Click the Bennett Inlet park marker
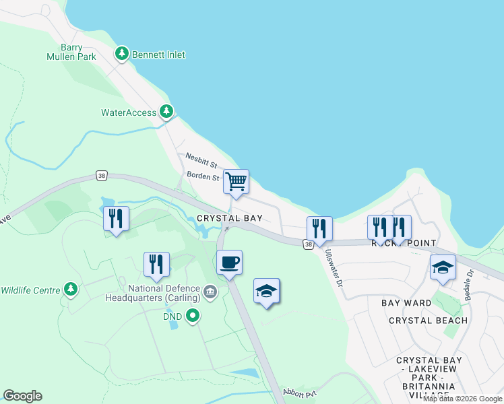click(x=122, y=54)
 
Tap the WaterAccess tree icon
click(x=166, y=112)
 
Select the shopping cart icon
click(x=236, y=181)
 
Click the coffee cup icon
click(x=230, y=261)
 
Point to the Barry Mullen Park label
click(x=73, y=52)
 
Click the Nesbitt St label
click(x=201, y=164)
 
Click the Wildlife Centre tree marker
click(x=70, y=290)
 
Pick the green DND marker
click(x=193, y=314)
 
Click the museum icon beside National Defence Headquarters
click(x=210, y=292)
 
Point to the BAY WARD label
click(x=406, y=303)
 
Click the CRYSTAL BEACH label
click(x=428, y=321)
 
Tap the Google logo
click(x=22, y=396)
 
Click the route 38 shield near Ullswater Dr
click(x=308, y=244)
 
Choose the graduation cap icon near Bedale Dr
click(x=443, y=267)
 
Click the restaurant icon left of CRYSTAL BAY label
click(x=116, y=219)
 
